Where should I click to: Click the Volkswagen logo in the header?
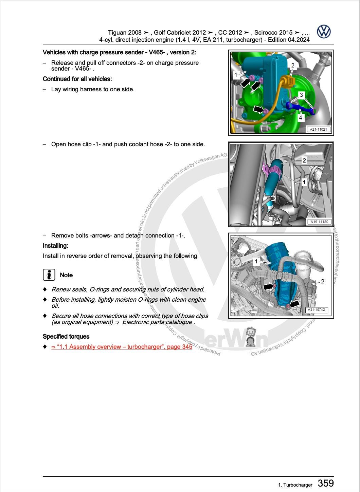[324, 32]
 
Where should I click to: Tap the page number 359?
[325, 483]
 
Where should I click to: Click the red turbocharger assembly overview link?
[122, 347]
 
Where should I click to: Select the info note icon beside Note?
[49, 275]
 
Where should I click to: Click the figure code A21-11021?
[318, 129]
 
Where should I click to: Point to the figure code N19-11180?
[319, 222]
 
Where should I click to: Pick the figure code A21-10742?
[316, 310]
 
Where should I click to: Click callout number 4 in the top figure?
[300, 118]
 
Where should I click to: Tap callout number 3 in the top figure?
[301, 95]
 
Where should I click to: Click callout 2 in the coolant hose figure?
[304, 160]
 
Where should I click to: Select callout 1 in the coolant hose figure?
[304, 182]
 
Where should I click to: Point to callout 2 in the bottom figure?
[322, 281]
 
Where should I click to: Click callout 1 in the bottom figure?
[256, 261]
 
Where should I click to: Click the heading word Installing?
[55, 246]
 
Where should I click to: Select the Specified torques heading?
[66, 337]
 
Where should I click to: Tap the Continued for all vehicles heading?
[77, 79]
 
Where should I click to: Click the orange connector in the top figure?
[286, 81]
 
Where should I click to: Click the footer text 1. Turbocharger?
[295, 485]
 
